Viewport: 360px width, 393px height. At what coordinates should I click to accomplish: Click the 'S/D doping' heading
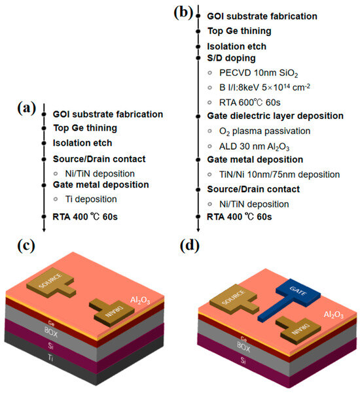(232, 58)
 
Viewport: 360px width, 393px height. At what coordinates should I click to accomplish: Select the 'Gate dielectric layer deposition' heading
(275, 116)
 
